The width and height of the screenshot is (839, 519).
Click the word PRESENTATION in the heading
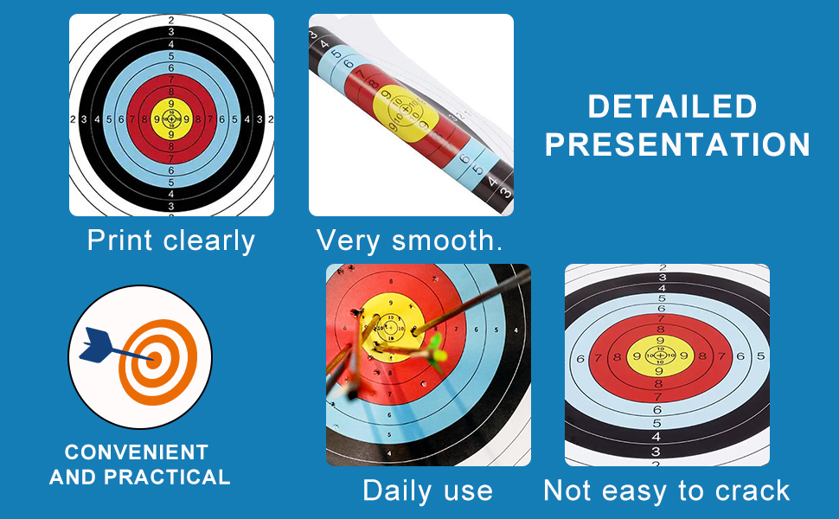(677, 144)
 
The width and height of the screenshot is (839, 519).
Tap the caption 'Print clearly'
(171, 240)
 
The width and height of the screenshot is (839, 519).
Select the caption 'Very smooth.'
(409, 240)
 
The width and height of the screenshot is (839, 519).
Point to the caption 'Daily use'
(427, 490)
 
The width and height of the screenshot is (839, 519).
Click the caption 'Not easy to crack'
(667, 490)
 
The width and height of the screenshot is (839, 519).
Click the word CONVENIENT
(137, 452)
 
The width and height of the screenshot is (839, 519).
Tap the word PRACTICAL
(167, 477)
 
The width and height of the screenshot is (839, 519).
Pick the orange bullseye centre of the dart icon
(155, 358)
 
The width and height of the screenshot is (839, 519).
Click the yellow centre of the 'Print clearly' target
(171, 119)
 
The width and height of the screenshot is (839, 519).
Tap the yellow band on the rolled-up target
(405, 114)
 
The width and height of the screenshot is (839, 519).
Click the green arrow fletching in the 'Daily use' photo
(437, 352)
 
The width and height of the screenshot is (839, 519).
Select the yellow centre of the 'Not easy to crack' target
(660, 356)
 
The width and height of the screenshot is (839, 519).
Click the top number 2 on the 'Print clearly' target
(171, 21)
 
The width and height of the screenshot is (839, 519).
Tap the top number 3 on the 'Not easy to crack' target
(663, 277)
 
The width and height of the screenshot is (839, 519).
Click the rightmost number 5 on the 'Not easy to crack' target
(760, 356)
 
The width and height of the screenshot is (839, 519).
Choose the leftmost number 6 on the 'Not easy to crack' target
(580, 358)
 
